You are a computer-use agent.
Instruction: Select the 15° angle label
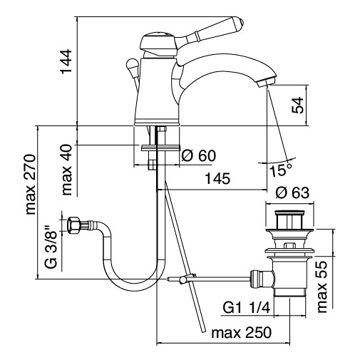pyautogui.click(x=280, y=170)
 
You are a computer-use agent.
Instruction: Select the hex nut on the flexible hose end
pyautogui.click(x=73, y=227)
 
